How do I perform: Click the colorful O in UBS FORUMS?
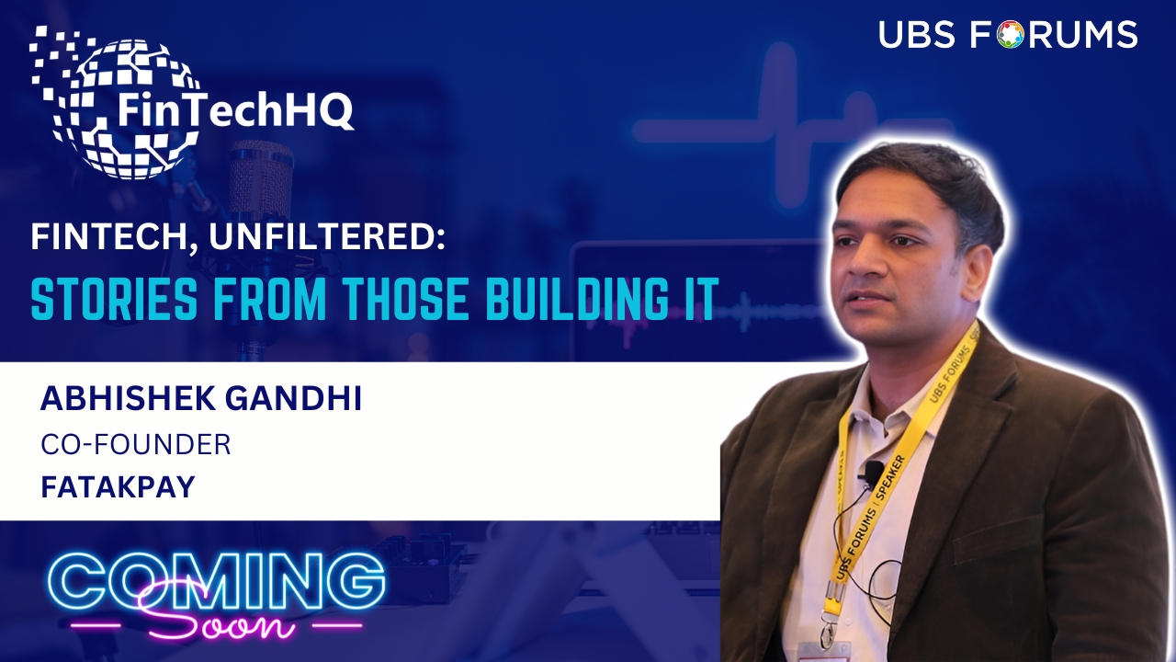click(1011, 35)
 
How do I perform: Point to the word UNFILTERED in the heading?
click(326, 236)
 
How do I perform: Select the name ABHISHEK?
click(128, 398)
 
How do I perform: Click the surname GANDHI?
click(294, 398)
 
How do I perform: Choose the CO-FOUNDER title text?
click(136, 444)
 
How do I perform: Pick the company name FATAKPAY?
click(119, 486)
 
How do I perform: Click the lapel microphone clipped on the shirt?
click(874, 469)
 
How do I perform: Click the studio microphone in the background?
click(261, 184)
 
